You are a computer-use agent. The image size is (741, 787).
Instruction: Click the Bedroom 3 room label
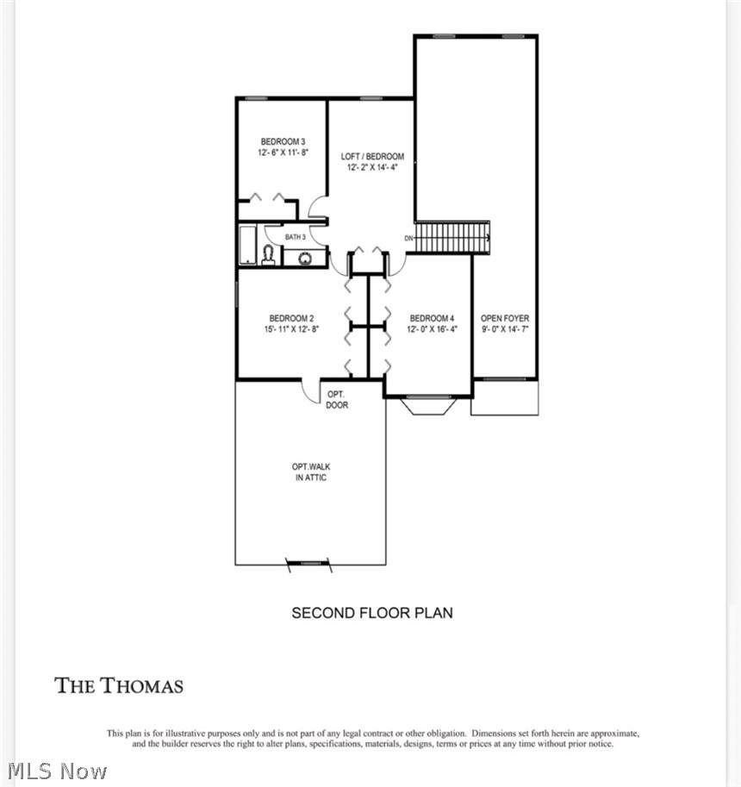(283, 141)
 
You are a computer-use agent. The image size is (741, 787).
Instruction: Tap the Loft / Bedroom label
(372, 156)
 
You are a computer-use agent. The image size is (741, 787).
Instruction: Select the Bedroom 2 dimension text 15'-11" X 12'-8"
(291, 329)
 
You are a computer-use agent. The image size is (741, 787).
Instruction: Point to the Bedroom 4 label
(432, 318)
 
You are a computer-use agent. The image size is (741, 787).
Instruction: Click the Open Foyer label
(505, 318)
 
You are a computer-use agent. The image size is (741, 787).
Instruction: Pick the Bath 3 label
(295, 237)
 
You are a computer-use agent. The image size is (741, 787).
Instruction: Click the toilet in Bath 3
(269, 255)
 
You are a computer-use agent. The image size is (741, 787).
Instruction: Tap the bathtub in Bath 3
(248, 245)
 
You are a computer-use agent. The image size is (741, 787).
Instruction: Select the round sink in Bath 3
(305, 259)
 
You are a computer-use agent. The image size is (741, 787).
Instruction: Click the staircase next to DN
(452, 237)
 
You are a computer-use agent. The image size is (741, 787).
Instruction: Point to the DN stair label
(409, 238)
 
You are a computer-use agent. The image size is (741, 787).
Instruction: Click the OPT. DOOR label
(337, 399)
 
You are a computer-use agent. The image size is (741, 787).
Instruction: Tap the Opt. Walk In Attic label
(311, 472)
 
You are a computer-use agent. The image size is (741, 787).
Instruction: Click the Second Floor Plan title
(372, 613)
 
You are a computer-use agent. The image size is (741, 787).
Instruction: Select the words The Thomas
(119, 685)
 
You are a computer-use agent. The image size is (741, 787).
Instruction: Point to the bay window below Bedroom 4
(429, 405)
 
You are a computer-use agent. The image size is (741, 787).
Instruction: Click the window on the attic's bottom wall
(308, 564)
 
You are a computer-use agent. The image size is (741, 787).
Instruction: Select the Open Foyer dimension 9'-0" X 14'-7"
(505, 329)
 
